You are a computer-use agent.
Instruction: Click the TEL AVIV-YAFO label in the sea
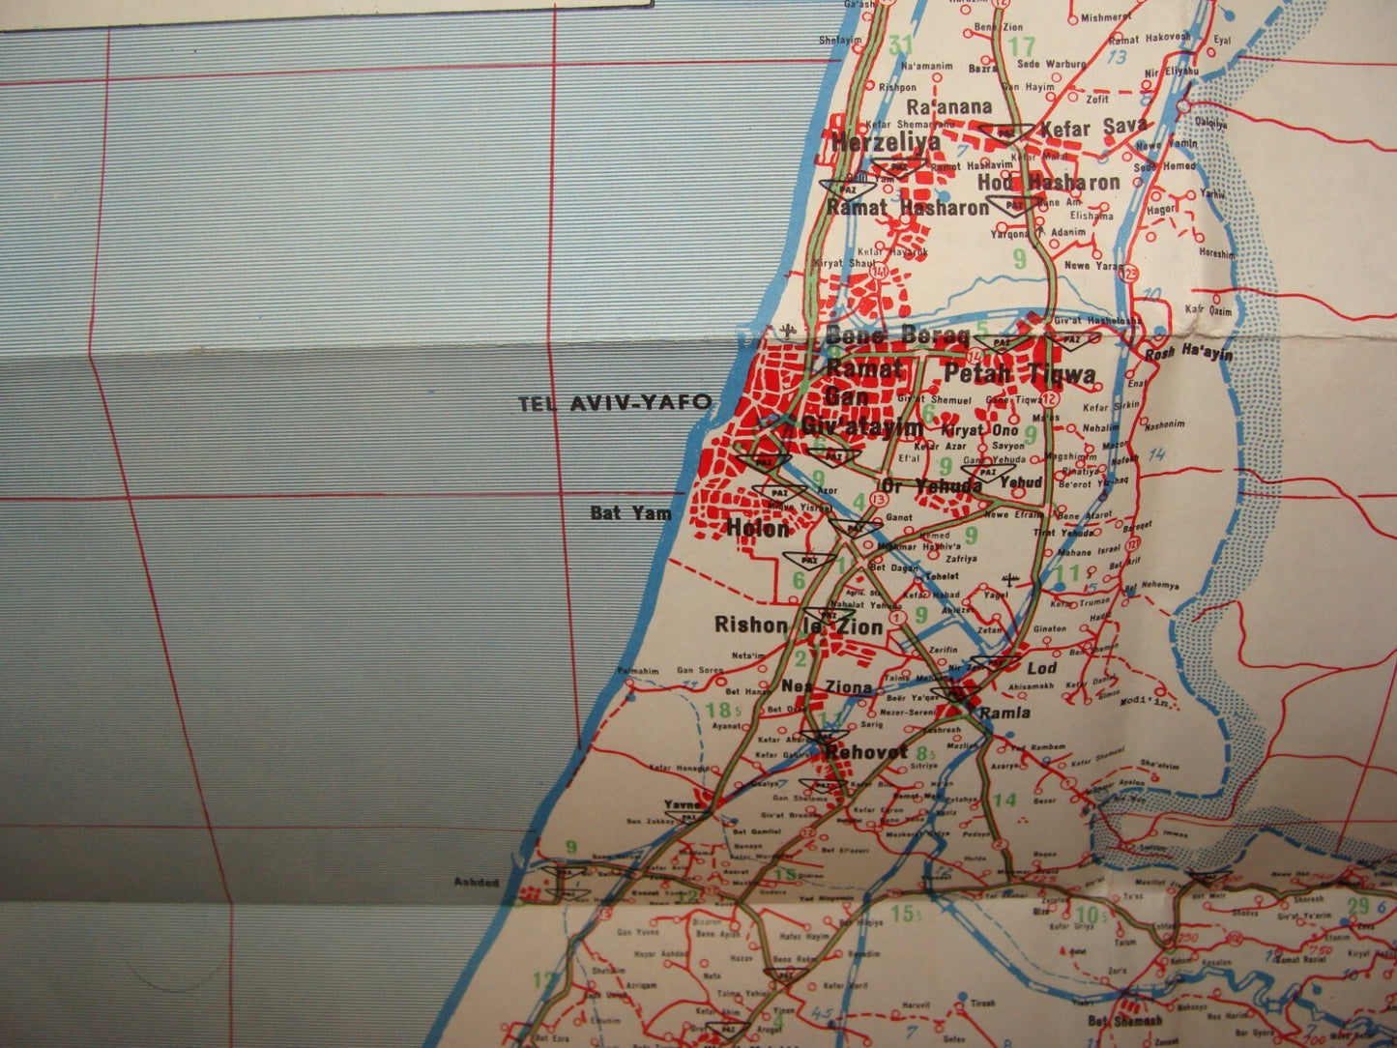pyautogui.click(x=615, y=402)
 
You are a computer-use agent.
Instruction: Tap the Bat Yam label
pyautogui.click(x=630, y=512)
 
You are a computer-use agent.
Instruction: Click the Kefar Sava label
pyautogui.click(x=1092, y=126)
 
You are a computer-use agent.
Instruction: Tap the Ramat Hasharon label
pyautogui.click(x=907, y=207)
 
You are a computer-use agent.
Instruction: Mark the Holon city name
pyautogui.click(x=758, y=528)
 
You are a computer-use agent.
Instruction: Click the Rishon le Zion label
pyautogui.click(x=798, y=626)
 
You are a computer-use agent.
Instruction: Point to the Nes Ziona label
pyautogui.click(x=827, y=687)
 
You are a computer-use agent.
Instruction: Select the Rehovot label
pyautogui.click(x=866, y=751)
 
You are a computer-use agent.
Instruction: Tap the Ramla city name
pyautogui.click(x=1004, y=713)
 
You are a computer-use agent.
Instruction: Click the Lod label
pyautogui.click(x=1041, y=668)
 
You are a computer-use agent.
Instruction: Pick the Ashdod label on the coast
pyautogui.click(x=477, y=882)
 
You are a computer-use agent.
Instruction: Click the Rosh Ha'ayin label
pyautogui.click(x=1188, y=354)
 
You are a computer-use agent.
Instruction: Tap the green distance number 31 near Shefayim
pyautogui.click(x=900, y=44)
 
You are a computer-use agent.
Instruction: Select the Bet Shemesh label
pyautogui.click(x=1124, y=1021)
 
